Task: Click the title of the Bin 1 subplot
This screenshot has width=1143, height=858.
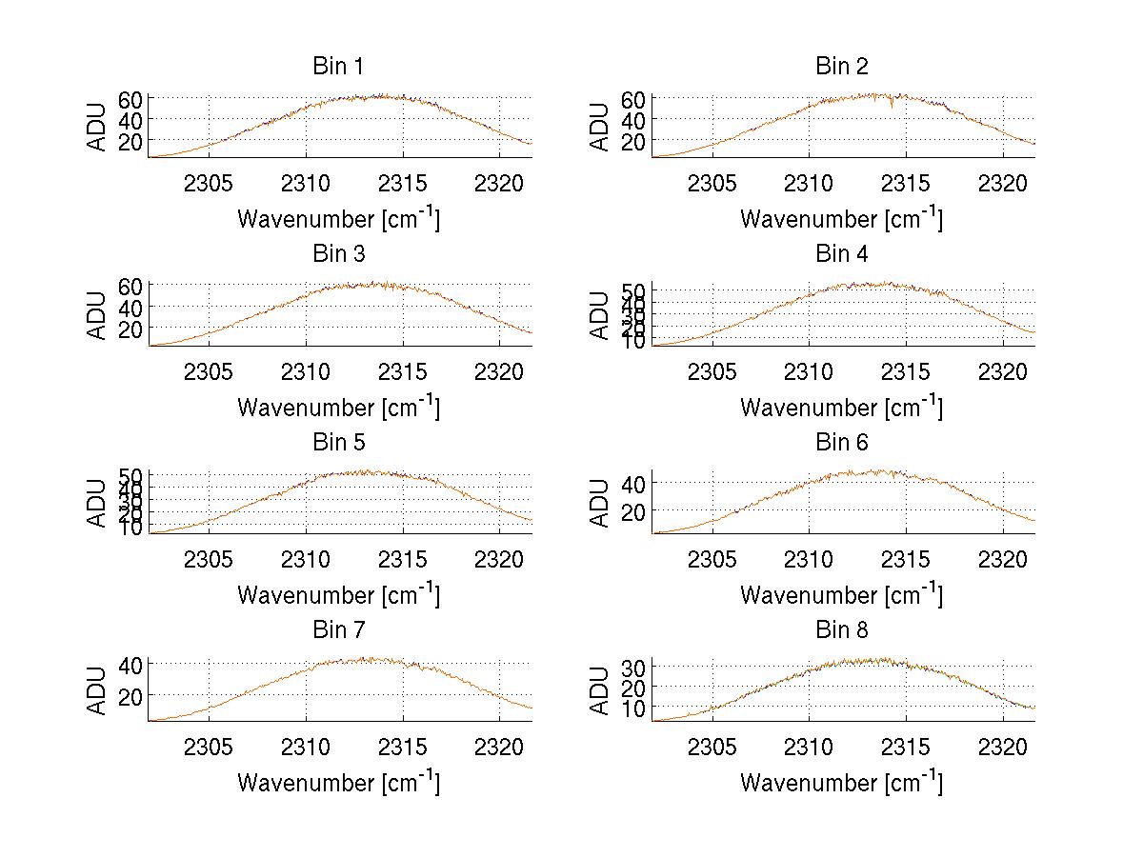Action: pyautogui.click(x=338, y=67)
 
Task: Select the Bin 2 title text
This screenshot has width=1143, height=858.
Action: pyautogui.click(x=841, y=67)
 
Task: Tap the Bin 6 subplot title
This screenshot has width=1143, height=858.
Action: pyautogui.click(x=841, y=443)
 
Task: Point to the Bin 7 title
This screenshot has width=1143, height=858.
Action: pyautogui.click(x=338, y=630)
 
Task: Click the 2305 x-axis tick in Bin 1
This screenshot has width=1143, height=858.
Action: pyautogui.click(x=209, y=183)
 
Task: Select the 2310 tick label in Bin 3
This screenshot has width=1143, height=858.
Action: pyautogui.click(x=306, y=370)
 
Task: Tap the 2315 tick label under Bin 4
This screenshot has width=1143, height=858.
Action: pyautogui.click(x=906, y=370)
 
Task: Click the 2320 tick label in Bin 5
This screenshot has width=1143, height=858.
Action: pyautogui.click(x=500, y=558)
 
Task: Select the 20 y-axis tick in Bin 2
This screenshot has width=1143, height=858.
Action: pyautogui.click(x=632, y=141)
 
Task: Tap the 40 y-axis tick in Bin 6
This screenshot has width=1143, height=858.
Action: pyautogui.click(x=632, y=484)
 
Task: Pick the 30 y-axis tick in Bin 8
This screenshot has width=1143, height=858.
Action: pyautogui.click(x=632, y=666)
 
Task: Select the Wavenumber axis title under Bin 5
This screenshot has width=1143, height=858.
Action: pyautogui.click(x=338, y=594)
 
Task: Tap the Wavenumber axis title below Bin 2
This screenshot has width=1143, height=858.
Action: pyautogui.click(x=841, y=219)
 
